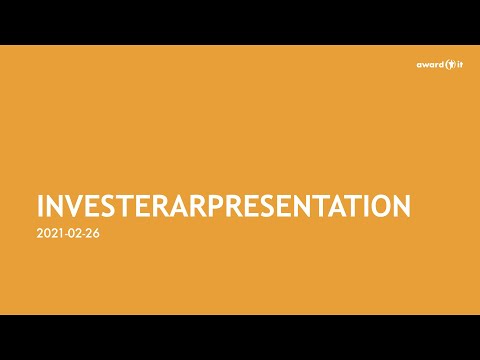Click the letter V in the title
[x=72, y=207]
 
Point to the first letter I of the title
[x=41, y=207]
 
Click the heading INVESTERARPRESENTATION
[x=223, y=207]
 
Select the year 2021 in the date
[x=48, y=236]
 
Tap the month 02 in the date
[x=73, y=236]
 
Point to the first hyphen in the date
[x=63, y=236]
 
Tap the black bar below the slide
[x=240, y=337]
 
